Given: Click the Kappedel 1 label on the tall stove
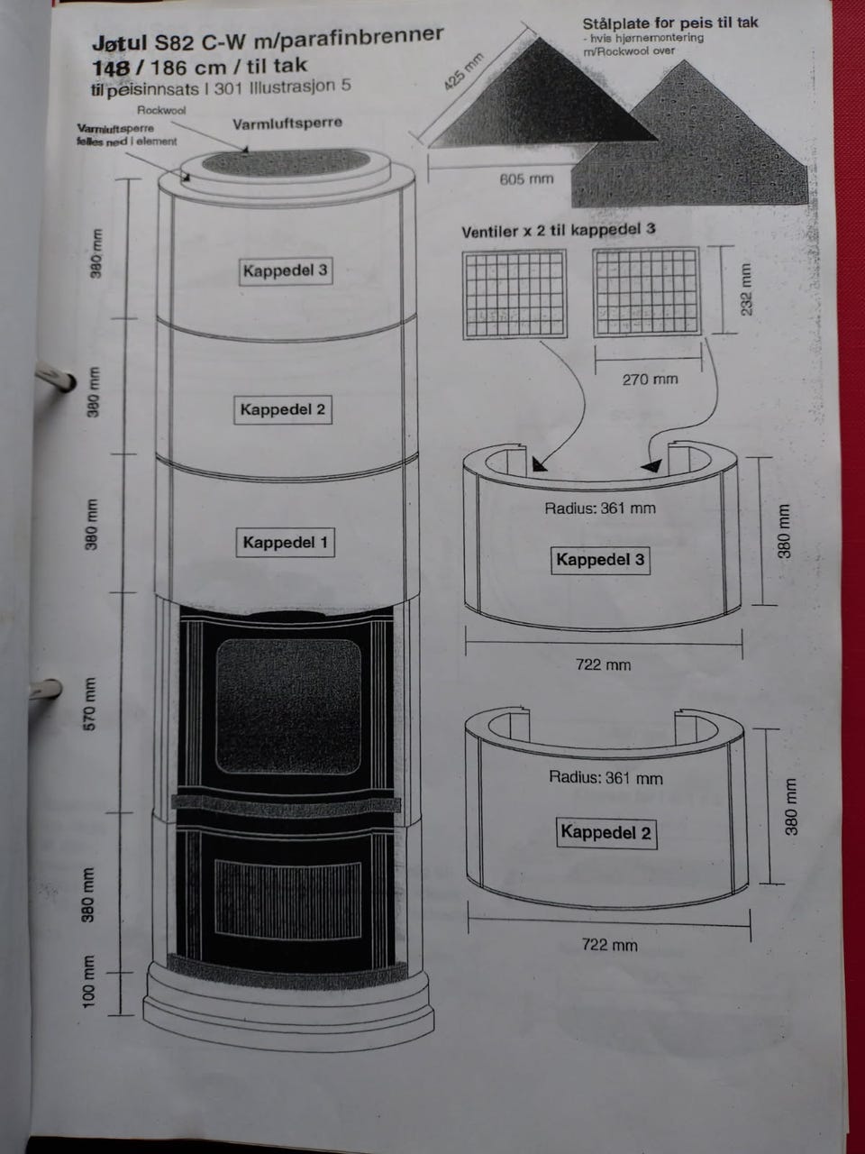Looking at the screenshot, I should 286,543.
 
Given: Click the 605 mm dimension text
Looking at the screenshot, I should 526,179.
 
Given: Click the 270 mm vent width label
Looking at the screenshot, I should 650,380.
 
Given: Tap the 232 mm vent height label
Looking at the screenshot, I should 745,290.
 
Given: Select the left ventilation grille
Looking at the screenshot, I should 514,294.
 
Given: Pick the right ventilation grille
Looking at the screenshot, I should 646,294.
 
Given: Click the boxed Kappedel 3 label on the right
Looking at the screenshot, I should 600,560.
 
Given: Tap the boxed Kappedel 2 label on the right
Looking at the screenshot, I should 605,832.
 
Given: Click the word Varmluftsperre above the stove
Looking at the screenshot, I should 287,123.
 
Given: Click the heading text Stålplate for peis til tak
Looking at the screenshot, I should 670,23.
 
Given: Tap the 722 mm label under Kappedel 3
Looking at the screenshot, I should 604,665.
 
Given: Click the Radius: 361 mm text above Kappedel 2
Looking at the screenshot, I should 605,777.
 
